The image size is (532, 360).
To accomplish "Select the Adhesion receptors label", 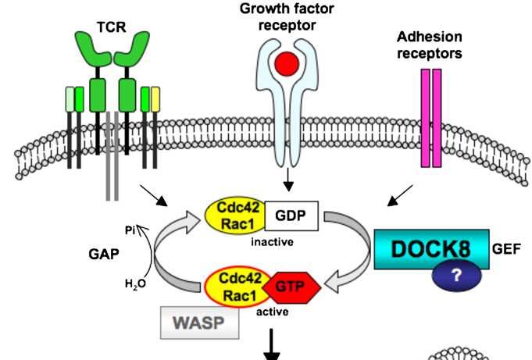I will coord(429,45).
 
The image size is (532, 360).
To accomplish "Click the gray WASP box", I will coord(200,322).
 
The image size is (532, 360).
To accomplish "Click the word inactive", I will coord(272,242).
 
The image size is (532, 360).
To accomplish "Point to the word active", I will coord(273,312).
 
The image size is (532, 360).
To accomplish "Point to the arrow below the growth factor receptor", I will coord(288,181).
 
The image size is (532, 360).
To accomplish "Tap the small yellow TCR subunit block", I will coord(155,99).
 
